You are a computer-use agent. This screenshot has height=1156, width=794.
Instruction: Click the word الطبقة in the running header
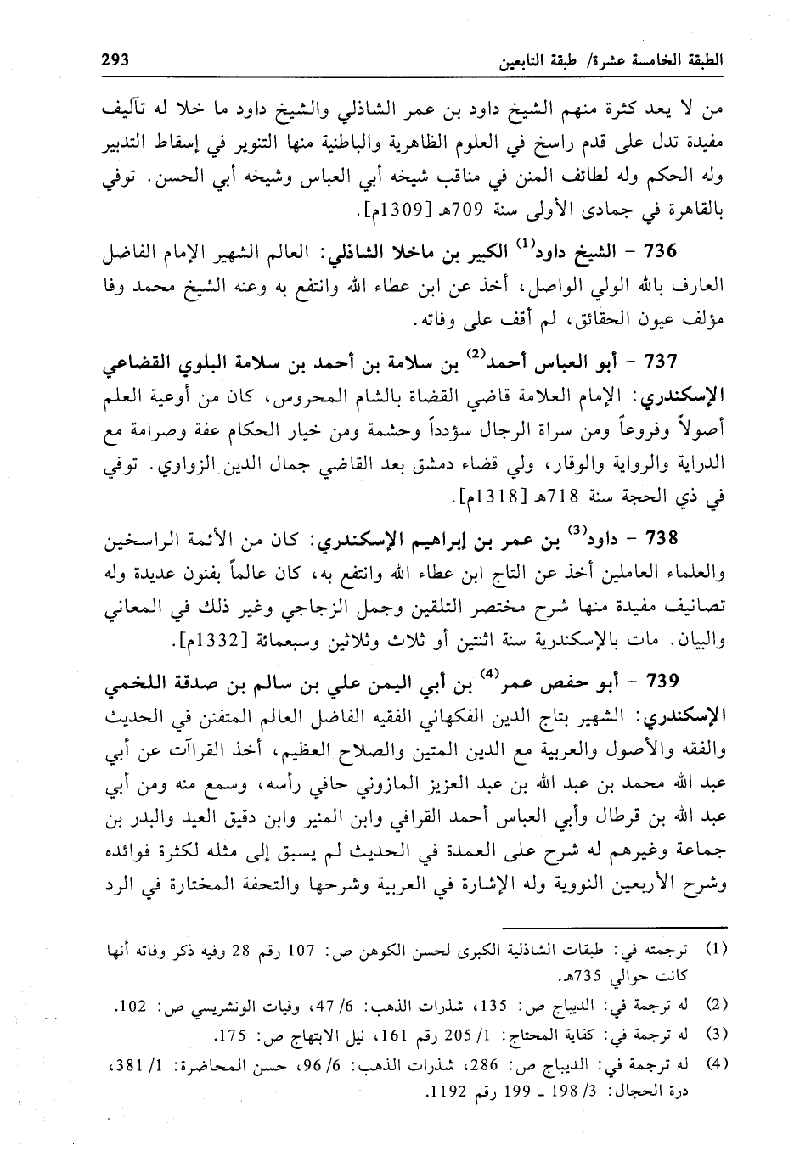700,60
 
